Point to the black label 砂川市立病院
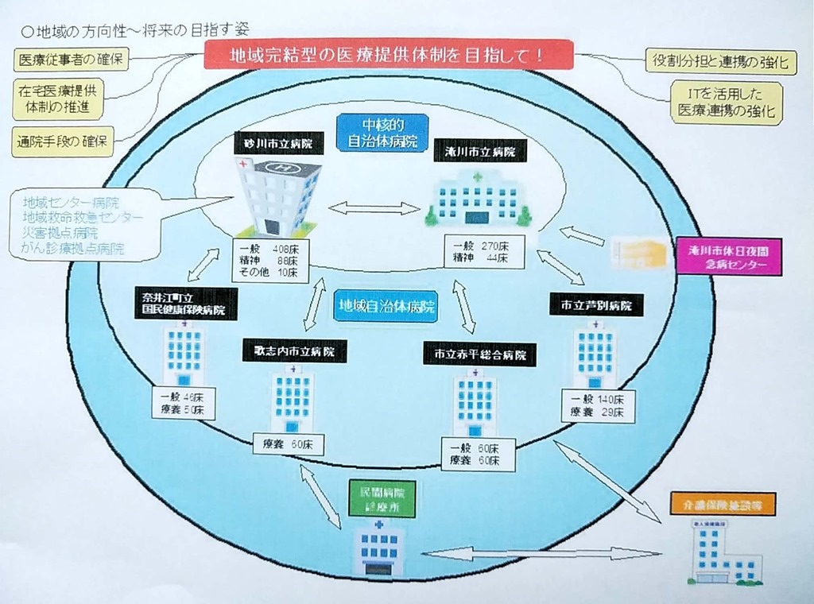[x=273, y=145]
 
